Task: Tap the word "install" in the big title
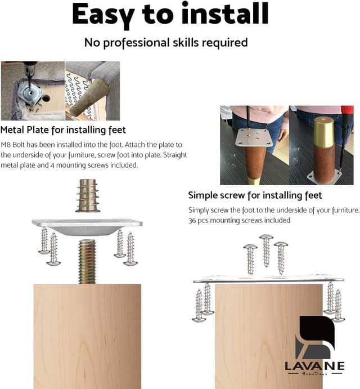click(x=212, y=15)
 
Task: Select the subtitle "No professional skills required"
click(x=165, y=43)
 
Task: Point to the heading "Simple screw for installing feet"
click(x=255, y=195)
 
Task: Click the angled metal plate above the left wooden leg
click(x=87, y=225)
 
